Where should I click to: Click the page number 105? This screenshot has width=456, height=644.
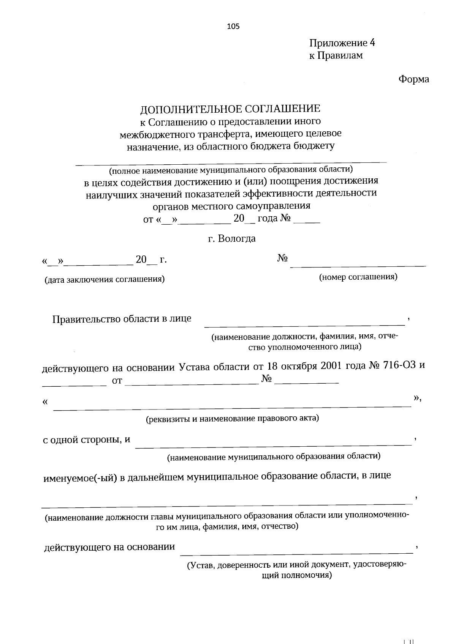point(233,26)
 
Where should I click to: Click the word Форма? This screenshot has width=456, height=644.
point(413,79)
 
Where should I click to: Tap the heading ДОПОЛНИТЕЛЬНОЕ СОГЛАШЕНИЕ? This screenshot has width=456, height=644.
point(230,109)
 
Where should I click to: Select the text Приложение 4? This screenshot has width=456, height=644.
point(342,43)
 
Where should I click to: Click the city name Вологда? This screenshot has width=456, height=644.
point(238,239)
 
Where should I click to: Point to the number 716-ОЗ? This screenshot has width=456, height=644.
point(401,366)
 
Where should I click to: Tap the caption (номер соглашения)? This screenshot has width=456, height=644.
point(358,277)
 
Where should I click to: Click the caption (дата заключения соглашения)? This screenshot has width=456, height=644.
point(104,280)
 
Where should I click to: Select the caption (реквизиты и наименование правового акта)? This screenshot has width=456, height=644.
point(233,419)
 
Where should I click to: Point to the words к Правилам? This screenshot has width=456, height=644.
point(336,55)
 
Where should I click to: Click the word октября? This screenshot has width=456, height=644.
point(299,366)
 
